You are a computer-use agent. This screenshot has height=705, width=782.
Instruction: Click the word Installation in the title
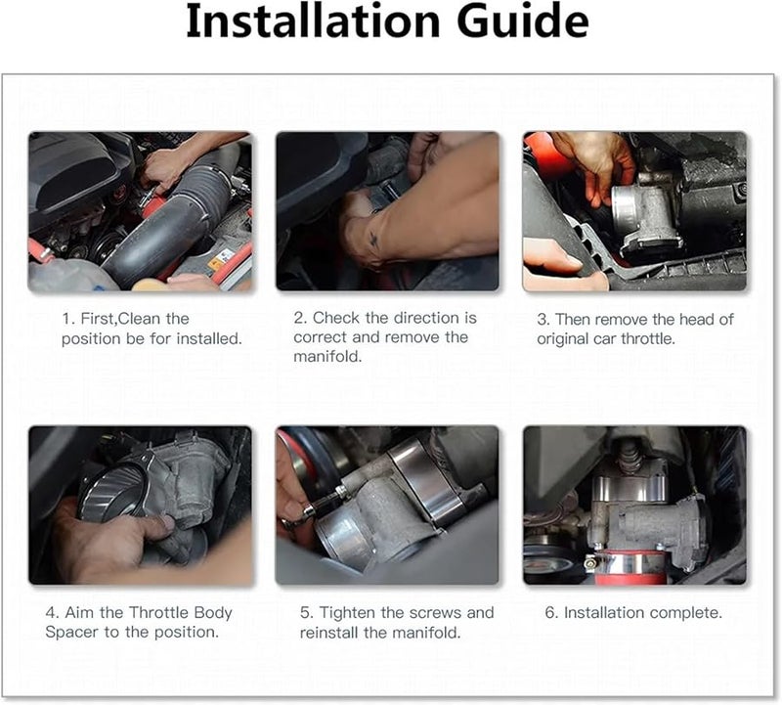[x=313, y=21]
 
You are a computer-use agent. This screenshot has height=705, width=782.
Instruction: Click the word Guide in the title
[x=523, y=21]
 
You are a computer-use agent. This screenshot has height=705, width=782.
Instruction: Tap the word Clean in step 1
[x=141, y=319]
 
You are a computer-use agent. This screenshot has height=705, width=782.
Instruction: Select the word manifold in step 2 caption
[x=327, y=356]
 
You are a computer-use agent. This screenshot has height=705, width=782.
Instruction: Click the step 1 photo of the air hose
[x=140, y=211]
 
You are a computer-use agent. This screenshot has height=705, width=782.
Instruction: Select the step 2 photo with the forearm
[x=387, y=211]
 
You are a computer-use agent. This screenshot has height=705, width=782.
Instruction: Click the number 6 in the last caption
[x=550, y=613]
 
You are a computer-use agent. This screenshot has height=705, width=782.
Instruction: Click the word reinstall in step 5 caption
[x=329, y=633]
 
